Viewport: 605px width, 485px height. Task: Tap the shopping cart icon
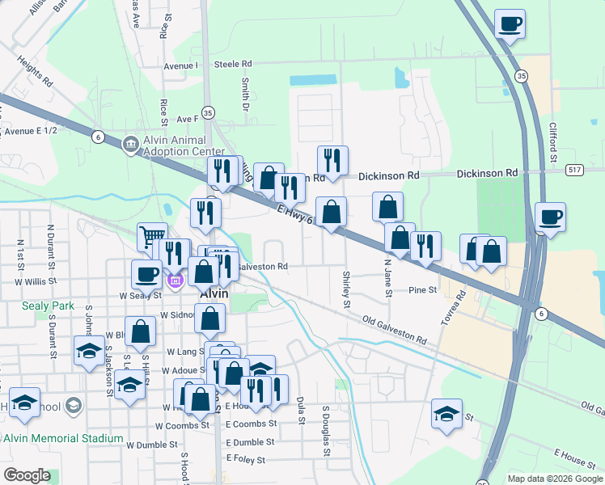151,236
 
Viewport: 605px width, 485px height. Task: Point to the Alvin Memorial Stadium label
63,439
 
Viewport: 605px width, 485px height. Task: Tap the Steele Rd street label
233,64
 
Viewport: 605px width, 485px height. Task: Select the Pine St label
422,289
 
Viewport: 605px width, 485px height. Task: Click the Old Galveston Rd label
394,331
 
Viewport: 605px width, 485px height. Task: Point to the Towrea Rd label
459,303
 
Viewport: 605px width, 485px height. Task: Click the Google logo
27,475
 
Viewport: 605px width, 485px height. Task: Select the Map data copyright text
554,479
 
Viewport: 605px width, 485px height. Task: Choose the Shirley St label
346,289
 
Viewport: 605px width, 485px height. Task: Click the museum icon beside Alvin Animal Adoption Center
130,145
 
